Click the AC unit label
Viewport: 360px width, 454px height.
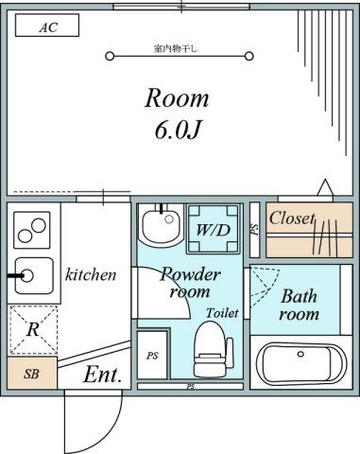pos(47,27)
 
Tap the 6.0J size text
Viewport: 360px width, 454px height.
pos(177,130)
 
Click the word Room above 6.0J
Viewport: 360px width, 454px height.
pos(177,98)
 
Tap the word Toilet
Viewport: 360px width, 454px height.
pos(222,312)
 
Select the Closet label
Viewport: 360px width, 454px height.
pos(292,218)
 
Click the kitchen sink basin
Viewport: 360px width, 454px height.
pos(30,276)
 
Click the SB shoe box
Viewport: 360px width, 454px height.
pos(31,373)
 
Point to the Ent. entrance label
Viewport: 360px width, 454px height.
pos(103,375)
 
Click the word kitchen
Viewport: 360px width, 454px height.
pos(91,275)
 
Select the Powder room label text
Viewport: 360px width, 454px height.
pos(190,283)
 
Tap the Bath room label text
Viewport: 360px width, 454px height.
pos(299,305)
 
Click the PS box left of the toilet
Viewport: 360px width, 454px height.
pos(152,357)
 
